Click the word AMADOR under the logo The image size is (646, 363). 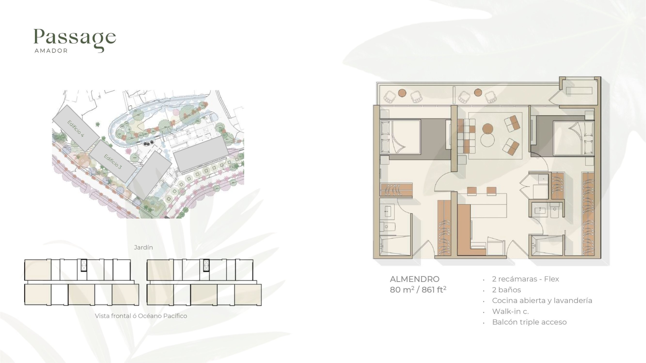point(51,51)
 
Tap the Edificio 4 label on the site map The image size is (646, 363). point(76,128)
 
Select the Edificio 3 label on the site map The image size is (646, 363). point(113,161)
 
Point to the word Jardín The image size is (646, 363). point(143,247)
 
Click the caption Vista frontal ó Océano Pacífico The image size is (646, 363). point(141,316)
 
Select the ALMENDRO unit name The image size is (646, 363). point(414,279)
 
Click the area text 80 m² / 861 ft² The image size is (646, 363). point(418,289)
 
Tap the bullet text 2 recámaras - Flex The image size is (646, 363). point(525,279)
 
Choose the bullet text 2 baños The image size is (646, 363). point(506,290)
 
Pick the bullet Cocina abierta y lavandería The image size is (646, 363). point(542,301)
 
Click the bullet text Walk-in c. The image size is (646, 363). point(510,311)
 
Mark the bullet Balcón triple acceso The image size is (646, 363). point(529,322)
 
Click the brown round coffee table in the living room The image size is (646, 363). point(488,129)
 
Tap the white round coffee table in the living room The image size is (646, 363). point(487,140)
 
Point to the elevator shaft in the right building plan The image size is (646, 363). point(206,265)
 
